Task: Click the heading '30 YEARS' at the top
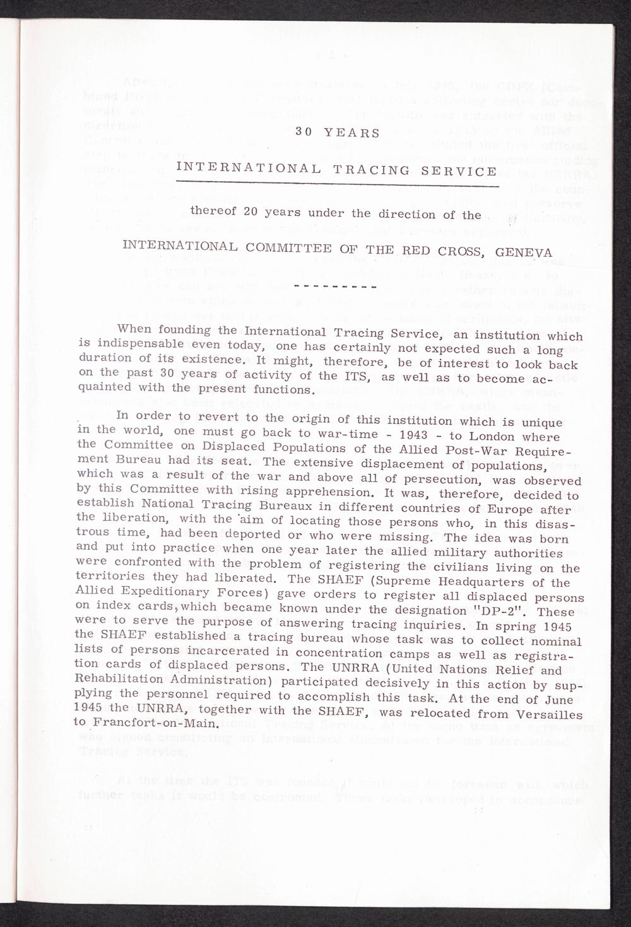338,133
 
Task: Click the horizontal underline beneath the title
338,184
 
